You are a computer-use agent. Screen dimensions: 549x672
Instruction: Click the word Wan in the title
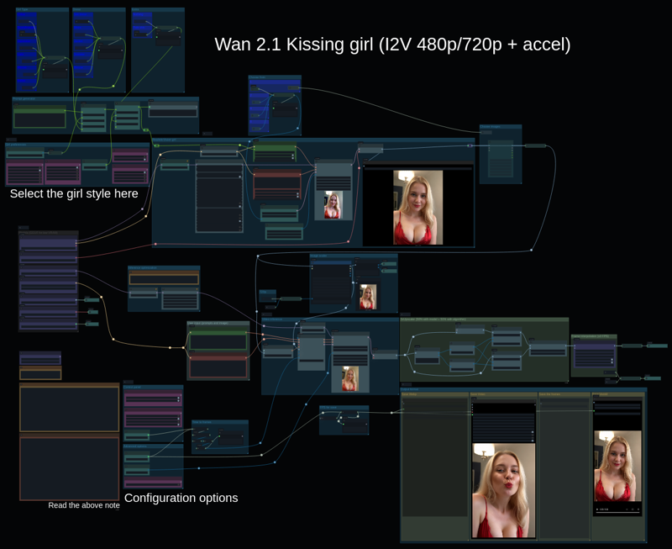(233, 45)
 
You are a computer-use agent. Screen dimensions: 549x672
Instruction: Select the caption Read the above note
(84, 505)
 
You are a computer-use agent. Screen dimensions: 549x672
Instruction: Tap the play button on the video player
(598, 509)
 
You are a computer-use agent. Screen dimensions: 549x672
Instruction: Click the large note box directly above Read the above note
(70, 467)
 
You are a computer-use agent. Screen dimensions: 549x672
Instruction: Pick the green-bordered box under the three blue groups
(39, 119)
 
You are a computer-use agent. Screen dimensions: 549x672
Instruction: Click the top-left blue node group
(42, 50)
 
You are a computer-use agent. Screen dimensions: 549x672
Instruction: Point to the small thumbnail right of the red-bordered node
(333, 205)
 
